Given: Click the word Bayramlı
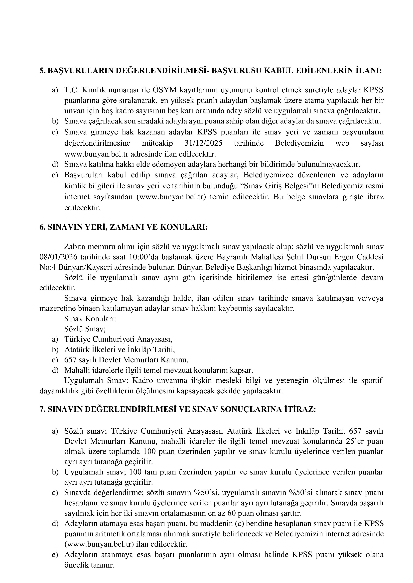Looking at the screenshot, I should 232,257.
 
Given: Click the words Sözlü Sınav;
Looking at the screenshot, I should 85,329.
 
